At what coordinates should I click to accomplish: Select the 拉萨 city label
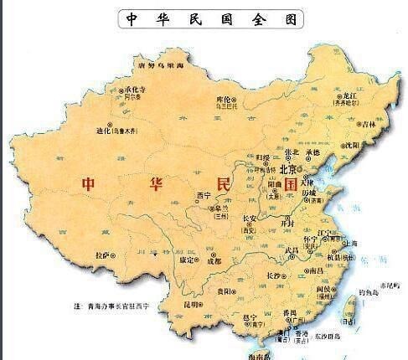pyautogui.click(x=102, y=253)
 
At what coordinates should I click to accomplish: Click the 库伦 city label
pyautogui.click(x=223, y=98)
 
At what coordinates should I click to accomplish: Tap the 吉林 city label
pyautogui.click(x=369, y=124)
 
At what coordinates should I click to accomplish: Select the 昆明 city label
pyautogui.click(x=192, y=305)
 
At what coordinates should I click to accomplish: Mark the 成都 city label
pyautogui.click(x=214, y=260)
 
